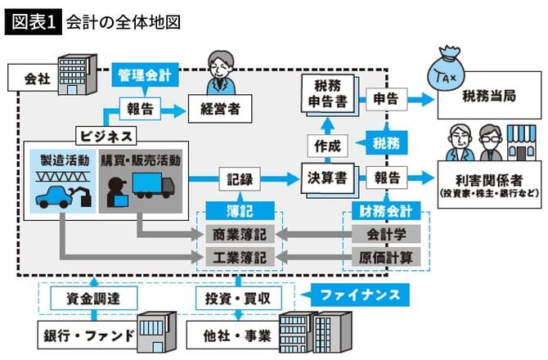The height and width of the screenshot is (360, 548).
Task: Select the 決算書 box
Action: click(327, 177)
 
